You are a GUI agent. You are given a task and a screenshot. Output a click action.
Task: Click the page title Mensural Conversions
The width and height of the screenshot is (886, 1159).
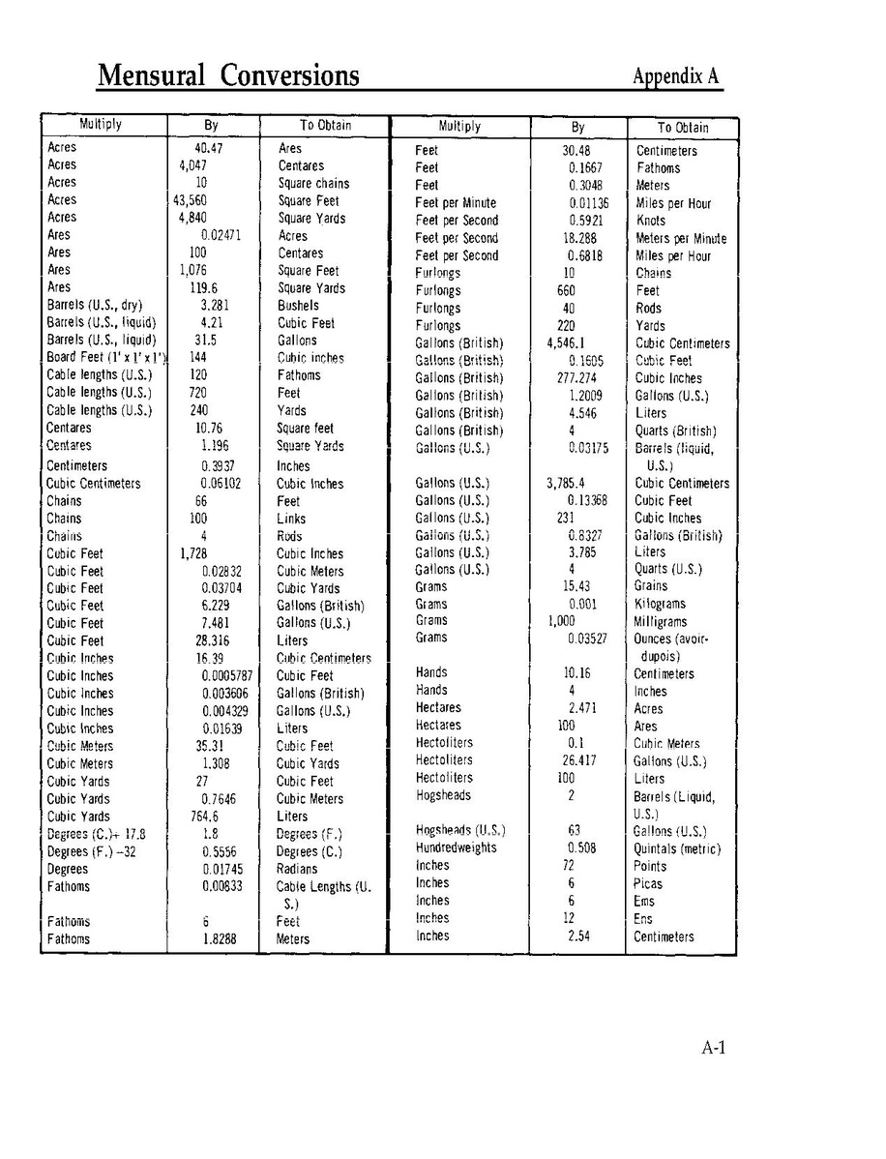click(x=228, y=75)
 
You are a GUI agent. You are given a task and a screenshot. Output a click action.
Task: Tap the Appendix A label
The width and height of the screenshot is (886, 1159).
click(x=676, y=76)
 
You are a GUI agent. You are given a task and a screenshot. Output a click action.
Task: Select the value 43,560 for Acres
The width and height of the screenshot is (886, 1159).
click(x=191, y=200)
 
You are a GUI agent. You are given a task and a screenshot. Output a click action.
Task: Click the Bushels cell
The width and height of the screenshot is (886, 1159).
click(x=298, y=306)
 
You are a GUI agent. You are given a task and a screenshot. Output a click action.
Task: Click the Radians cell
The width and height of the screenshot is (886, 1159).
click(x=297, y=869)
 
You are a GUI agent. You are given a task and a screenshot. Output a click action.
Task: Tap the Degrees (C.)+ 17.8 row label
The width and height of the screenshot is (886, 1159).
click(x=97, y=834)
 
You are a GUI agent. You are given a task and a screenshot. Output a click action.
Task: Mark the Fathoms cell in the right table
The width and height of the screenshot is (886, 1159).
click(x=658, y=168)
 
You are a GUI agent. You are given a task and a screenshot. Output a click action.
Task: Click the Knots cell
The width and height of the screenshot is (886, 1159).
click(x=651, y=221)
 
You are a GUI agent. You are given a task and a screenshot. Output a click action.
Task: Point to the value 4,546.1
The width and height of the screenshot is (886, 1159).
click(x=566, y=343)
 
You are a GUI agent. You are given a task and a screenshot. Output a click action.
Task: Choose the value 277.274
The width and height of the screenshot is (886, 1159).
click(x=576, y=378)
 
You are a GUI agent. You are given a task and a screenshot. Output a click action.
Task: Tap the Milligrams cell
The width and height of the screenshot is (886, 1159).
click(x=661, y=622)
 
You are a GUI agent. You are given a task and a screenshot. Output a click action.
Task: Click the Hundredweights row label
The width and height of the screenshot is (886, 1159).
click(x=456, y=848)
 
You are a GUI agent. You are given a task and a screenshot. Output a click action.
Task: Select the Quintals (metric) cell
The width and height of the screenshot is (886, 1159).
click(x=677, y=849)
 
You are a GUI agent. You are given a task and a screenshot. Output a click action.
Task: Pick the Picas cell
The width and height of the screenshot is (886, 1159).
click(x=648, y=884)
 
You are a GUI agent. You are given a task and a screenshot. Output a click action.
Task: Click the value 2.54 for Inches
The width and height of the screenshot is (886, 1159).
click(x=579, y=936)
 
